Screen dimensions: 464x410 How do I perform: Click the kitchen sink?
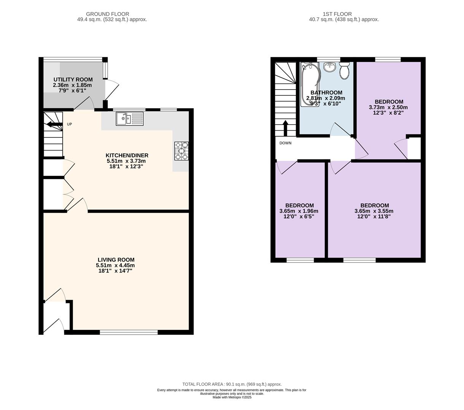pyautogui.click(x=130, y=119)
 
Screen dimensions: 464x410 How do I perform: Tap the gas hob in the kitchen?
pyautogui.click(x=181, y=151)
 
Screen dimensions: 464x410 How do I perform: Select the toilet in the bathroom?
pyautogui.click(x=344, y=71)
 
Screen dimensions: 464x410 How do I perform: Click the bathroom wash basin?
pyautogui.click(x=330, y=67)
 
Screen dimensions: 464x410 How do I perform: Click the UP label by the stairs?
pyautogui.click(x=69, y=124)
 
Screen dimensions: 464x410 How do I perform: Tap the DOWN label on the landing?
pyautogui.click(x=285, y=143)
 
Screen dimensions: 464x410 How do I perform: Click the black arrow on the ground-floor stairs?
pyautogui.click(x=54, y=125)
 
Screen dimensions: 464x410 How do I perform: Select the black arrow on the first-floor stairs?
pyautogui.click(x=285, y=128)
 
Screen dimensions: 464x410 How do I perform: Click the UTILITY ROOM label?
pyautogui.click(x=73, y=80)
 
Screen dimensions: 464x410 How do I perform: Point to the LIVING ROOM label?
pyautogui.click(x=116, y=260)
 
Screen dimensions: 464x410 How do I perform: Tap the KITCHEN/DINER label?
pyautogui.click(x=127, y=156)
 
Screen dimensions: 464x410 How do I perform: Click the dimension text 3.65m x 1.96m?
pyautogui.click(x=299, y=211)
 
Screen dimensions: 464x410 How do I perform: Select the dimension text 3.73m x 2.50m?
pyautogui.click(x=388, y=107)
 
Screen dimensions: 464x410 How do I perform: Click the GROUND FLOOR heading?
pyautogui.click(x=108, y=14)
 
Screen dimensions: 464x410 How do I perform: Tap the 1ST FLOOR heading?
pyautogui.click(x=337, y=14)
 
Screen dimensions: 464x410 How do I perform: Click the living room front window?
pyautogui.click(x=129, y=332)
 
